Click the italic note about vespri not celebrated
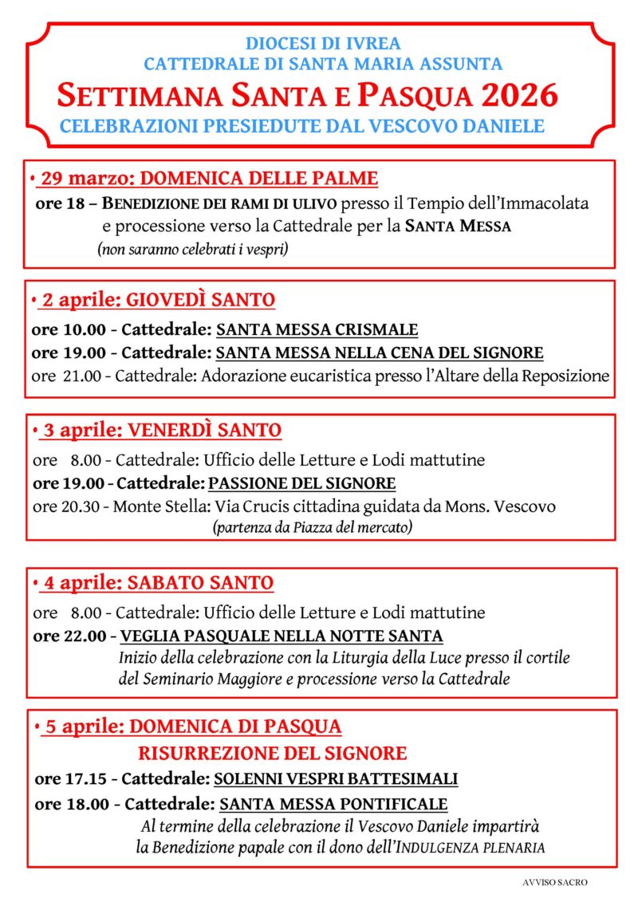pyautogui.click(x=192, y=250)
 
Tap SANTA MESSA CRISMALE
pyautogui.click(x=317, y=330)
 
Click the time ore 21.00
pyautogui.click(x=66, y=375)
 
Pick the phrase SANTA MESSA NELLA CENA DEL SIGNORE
pyautogui.click(x=380, y=353)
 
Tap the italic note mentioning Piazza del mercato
pyautogui.click(x=312, y=527)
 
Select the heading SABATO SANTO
pyautogui.click(x=200, y=583)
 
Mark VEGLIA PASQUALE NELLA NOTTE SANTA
pyautogui.click(x=282, y=636)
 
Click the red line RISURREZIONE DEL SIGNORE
pyautogui.click(x=273, y=753)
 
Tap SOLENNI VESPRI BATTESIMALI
pyautogui.click(x=335, y=778)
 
